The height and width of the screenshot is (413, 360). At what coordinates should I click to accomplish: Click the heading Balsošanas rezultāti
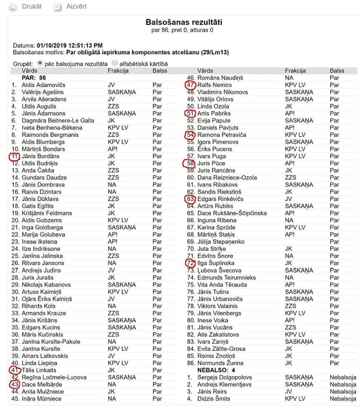click(183, 22)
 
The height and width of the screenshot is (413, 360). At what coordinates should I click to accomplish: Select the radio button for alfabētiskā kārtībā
click(115, 64)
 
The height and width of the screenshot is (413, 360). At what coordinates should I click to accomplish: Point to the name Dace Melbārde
click(42, 385)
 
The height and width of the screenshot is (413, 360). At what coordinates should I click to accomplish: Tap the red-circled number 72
click(191, 264)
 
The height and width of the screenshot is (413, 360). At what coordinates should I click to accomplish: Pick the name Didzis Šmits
click(215, 399)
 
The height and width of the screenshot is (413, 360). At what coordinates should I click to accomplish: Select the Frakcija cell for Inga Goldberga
click(121, 228)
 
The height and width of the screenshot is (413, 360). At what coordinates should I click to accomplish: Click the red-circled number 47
click(191, 85)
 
